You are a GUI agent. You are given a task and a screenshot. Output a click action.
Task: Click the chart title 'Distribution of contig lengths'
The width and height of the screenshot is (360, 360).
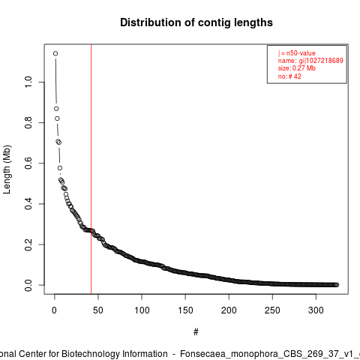196,22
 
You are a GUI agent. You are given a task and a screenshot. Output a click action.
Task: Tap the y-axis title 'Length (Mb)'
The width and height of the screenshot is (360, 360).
7,169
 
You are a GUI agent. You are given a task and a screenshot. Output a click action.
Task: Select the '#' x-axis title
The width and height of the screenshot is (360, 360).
196,332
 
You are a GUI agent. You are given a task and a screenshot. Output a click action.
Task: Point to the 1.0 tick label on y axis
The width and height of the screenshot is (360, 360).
28,82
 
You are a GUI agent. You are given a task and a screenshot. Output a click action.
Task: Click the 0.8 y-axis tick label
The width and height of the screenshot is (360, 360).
28,122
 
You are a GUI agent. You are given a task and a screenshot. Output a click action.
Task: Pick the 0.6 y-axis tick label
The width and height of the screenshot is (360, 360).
28,163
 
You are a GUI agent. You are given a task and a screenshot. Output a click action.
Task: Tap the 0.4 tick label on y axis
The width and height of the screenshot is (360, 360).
28,204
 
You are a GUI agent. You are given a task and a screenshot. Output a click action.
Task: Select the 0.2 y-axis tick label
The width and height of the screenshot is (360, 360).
28,244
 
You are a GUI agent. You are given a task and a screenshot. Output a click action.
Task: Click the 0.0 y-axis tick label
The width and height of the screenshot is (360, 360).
28,285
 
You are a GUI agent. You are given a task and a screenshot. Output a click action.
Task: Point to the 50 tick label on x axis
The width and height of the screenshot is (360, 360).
98,310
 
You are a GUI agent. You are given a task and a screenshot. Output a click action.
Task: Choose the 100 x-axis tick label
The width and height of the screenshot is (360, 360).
142,310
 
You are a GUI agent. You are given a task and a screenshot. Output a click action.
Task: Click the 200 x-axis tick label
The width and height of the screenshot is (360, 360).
229,310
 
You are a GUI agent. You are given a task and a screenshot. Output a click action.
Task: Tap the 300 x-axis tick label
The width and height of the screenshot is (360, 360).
316,310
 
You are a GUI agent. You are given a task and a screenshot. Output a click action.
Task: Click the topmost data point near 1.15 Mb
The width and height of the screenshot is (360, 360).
55,53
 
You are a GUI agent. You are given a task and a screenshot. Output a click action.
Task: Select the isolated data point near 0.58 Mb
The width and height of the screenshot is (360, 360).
60,168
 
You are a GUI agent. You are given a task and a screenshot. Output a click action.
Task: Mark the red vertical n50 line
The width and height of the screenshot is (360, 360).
91,169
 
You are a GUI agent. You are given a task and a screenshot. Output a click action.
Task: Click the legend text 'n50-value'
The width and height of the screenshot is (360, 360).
301,53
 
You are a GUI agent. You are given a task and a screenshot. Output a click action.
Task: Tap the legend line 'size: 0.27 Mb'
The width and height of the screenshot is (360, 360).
297,68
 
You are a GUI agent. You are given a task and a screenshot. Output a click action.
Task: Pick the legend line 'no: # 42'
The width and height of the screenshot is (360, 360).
289,76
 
